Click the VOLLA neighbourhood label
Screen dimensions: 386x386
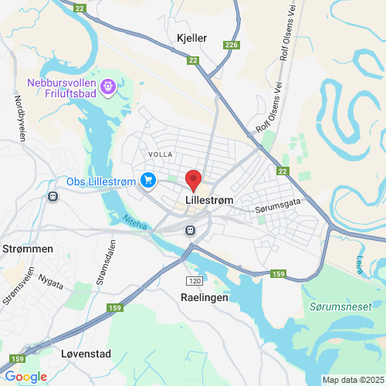click(161, 154)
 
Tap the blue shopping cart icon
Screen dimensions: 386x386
click(148, 181)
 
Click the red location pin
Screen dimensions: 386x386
click(194, 180)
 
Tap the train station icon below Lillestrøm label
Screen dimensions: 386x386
click(190, 229)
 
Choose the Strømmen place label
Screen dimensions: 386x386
click(27, 249)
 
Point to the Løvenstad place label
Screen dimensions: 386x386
click(86, 354)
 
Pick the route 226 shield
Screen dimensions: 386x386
click(232, 46)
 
